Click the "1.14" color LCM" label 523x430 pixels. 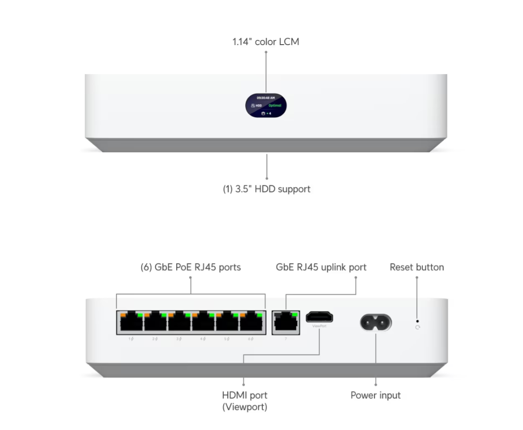(x=265, y=42)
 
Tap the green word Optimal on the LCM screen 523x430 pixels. (x=275, y=105)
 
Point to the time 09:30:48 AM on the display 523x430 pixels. (x=266, y=98)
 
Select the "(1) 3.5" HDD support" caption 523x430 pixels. (x=266, y=189)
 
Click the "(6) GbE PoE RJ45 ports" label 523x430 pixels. (x=190, y=267)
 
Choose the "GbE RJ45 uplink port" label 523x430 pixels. (x=321, y=267)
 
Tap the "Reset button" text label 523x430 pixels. (x=417, y=267)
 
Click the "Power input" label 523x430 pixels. (x=375, y=395)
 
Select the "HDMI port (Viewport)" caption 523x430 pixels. (x=244, y=401)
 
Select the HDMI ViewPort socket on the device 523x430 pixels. (x=320, y=316)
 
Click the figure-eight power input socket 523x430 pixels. (x=376, y=322)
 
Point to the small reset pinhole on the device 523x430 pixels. (x=417, y=321)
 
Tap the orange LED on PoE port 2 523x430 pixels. (x=147, y=315)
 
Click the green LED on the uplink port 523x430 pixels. (x=294, y=315)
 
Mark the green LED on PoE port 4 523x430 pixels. (x=211, y=315)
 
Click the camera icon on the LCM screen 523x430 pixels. (x=263, y=113)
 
